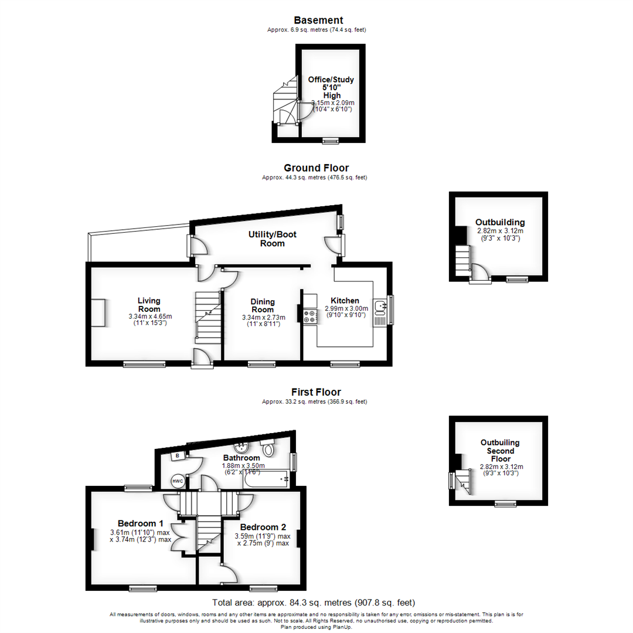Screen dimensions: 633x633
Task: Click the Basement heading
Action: pos(318,21)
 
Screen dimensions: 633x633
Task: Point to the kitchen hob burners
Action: pos(309,316)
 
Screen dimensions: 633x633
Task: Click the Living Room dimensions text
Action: pos(150,320)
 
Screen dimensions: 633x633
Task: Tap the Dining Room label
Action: pos(262,305)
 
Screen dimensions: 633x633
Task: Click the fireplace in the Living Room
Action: pos(98,313)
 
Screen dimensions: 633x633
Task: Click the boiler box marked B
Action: pos(178,455)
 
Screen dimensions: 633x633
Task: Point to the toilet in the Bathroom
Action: pos(268,449)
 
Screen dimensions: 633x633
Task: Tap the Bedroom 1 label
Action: pos(140,523)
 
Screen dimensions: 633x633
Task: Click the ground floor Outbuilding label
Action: pos(500,222)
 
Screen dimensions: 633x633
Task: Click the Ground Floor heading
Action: pos(316,168)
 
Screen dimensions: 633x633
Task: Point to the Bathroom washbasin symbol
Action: pos(247,445)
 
